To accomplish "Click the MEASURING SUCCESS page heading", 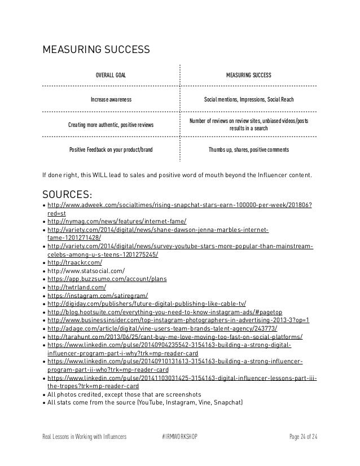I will click(x=96, y=50).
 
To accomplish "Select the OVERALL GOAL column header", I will click(x=111, y=75).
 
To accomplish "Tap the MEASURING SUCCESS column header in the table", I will click(x=248, y=75).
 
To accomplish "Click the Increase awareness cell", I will click(x=111, y=99).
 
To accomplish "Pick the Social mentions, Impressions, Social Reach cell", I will click(x=248, y=99).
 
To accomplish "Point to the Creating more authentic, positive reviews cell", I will click(x=111, y=124).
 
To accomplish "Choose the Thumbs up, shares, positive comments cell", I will click(x=248, y=150).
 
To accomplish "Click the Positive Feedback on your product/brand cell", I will click(x=111, y=150).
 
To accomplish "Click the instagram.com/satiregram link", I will click(x=98, y=295).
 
